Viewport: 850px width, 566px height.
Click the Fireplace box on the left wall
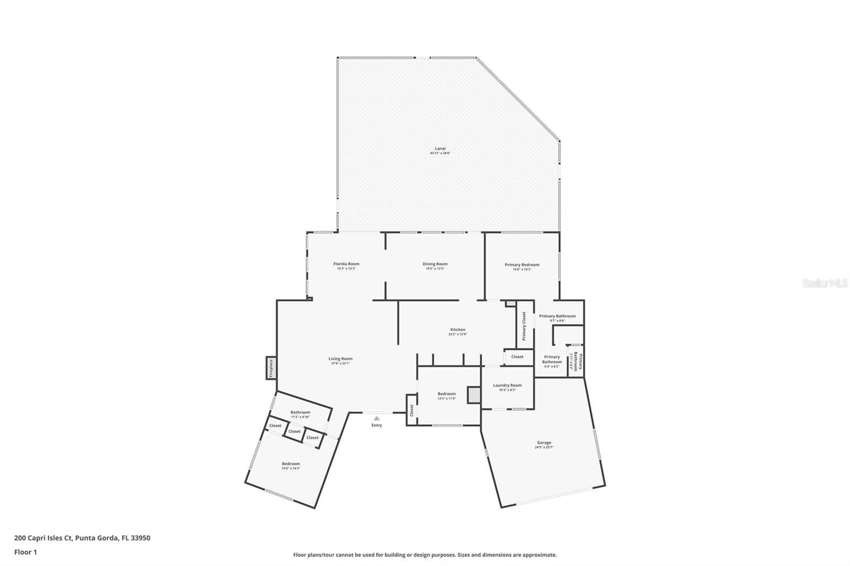tap(271, 367)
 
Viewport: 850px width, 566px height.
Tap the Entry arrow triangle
tap(377, 418)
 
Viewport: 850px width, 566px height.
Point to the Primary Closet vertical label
tap(524, 326)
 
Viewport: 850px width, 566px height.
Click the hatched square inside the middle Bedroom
tap(473, 395)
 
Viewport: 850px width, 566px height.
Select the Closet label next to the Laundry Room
tap(517, 357)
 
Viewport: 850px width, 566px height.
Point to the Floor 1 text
tap(25, 552)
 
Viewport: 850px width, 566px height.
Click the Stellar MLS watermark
tap(824, 284)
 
